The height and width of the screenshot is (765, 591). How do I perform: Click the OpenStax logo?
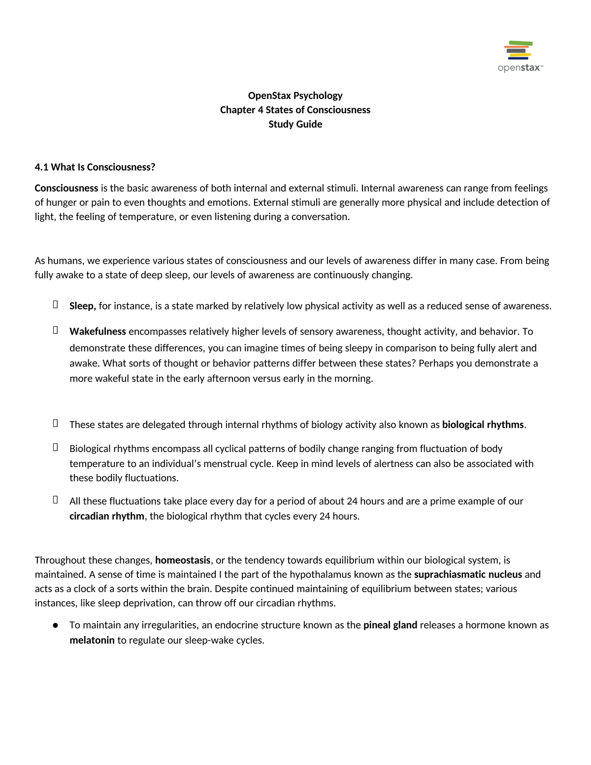[520, 56]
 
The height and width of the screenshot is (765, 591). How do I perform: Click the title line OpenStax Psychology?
[295, 96]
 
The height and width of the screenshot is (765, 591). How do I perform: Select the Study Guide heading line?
[295, 124]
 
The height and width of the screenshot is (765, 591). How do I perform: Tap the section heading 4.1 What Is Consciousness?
[95, 167]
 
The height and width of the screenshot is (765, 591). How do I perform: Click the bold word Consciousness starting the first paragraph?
[66, 188]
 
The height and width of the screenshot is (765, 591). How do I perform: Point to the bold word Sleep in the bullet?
[82, 306]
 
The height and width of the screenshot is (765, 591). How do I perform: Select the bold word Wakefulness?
[98, 332]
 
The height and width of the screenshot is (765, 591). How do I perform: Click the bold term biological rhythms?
[483, 425]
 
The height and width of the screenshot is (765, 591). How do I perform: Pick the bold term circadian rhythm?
[107, 516]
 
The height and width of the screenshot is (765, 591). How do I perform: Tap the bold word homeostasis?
[183, 560]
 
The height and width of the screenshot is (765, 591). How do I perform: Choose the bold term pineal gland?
[390, 625]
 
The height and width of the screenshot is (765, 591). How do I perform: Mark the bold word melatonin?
[92, 640]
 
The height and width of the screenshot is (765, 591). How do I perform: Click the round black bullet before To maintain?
[56, 625]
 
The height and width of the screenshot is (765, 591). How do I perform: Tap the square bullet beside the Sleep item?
[56, 305]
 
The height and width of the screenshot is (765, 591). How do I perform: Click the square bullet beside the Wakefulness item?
[56, 330]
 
